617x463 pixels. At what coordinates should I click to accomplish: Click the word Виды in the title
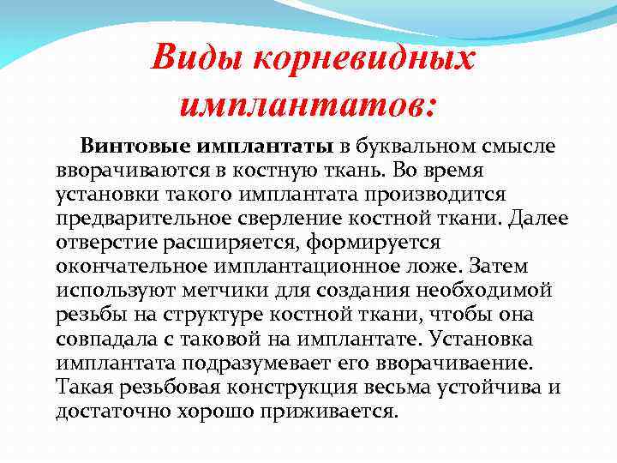(x=194, y=59)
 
